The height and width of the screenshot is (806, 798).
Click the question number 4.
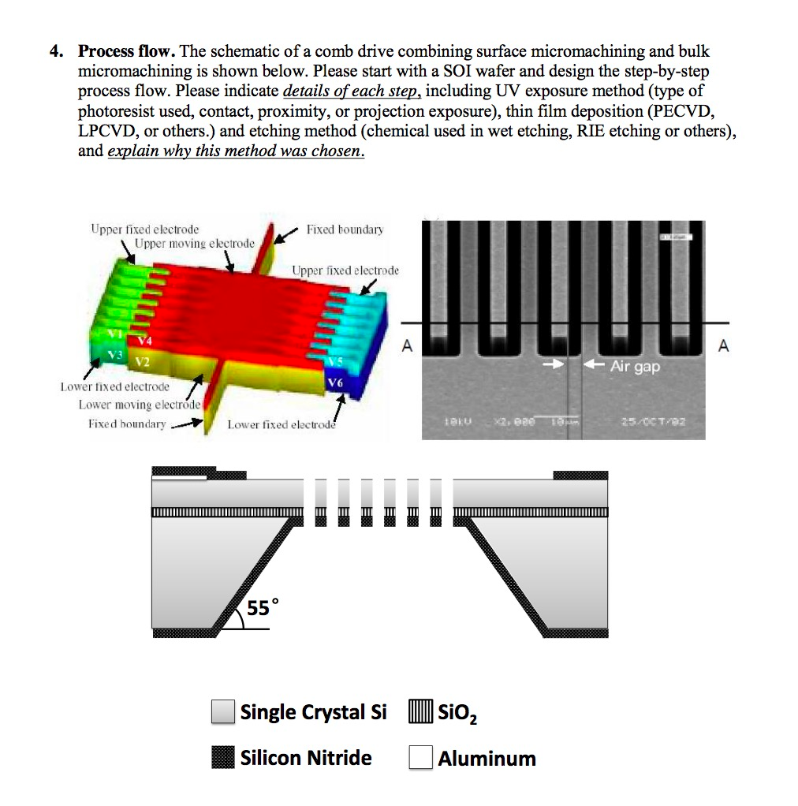tap(54, 52)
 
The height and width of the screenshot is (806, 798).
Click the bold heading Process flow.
tap(126, 52)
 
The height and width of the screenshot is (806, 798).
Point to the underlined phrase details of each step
tap(352, 91)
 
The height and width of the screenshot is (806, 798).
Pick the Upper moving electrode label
tap(194, 243)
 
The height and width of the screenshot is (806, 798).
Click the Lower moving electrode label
tap(139, 405)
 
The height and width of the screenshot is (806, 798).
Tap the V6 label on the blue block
tap(337, 382)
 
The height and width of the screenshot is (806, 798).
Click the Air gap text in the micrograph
tap(634, 367)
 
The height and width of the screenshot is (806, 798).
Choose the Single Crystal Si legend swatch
tap(223, 712)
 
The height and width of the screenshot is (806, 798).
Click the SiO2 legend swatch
tap(420, 712)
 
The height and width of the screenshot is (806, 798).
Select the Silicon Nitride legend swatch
tap(223, 757)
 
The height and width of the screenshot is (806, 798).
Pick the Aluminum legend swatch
tap(420, 757)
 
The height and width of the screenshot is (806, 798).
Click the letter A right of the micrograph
tap(723, 345)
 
